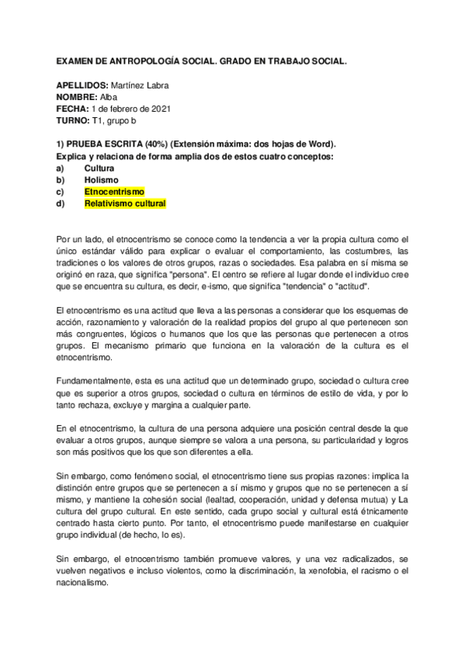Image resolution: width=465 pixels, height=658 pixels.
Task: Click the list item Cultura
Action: pyautogui.click(x=99, y=168)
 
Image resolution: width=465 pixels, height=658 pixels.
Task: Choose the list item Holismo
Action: pyautogui.click(x=101, y=180)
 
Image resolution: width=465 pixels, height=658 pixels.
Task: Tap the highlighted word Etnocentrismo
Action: pyautogui.click(x=114, y=192)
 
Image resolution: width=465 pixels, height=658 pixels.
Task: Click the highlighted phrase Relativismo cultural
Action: pyautogui.click(x=125, y=204)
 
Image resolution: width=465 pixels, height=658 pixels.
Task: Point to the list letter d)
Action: pyautogui.click(x=61, y=204)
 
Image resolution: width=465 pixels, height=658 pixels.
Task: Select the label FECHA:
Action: pyautogui.click(x=72, y=109)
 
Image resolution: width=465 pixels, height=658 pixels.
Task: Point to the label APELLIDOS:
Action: pyautogui.click(x=81, y=84)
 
